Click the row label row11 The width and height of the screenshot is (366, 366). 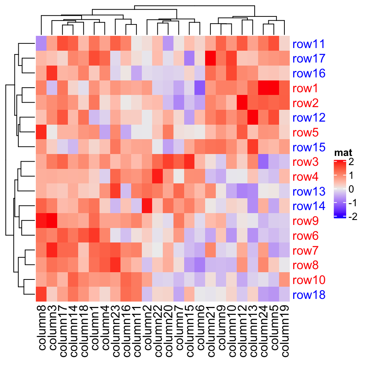tap(308, 44)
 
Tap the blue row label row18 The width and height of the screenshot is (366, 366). tap(308, 295)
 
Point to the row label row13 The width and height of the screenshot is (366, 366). tap(308, 191)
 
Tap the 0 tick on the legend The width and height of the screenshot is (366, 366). tap(351, 189)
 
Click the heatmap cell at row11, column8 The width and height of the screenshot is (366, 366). tap(41, 43)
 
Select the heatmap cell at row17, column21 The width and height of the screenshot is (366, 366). tap(210, 58)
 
